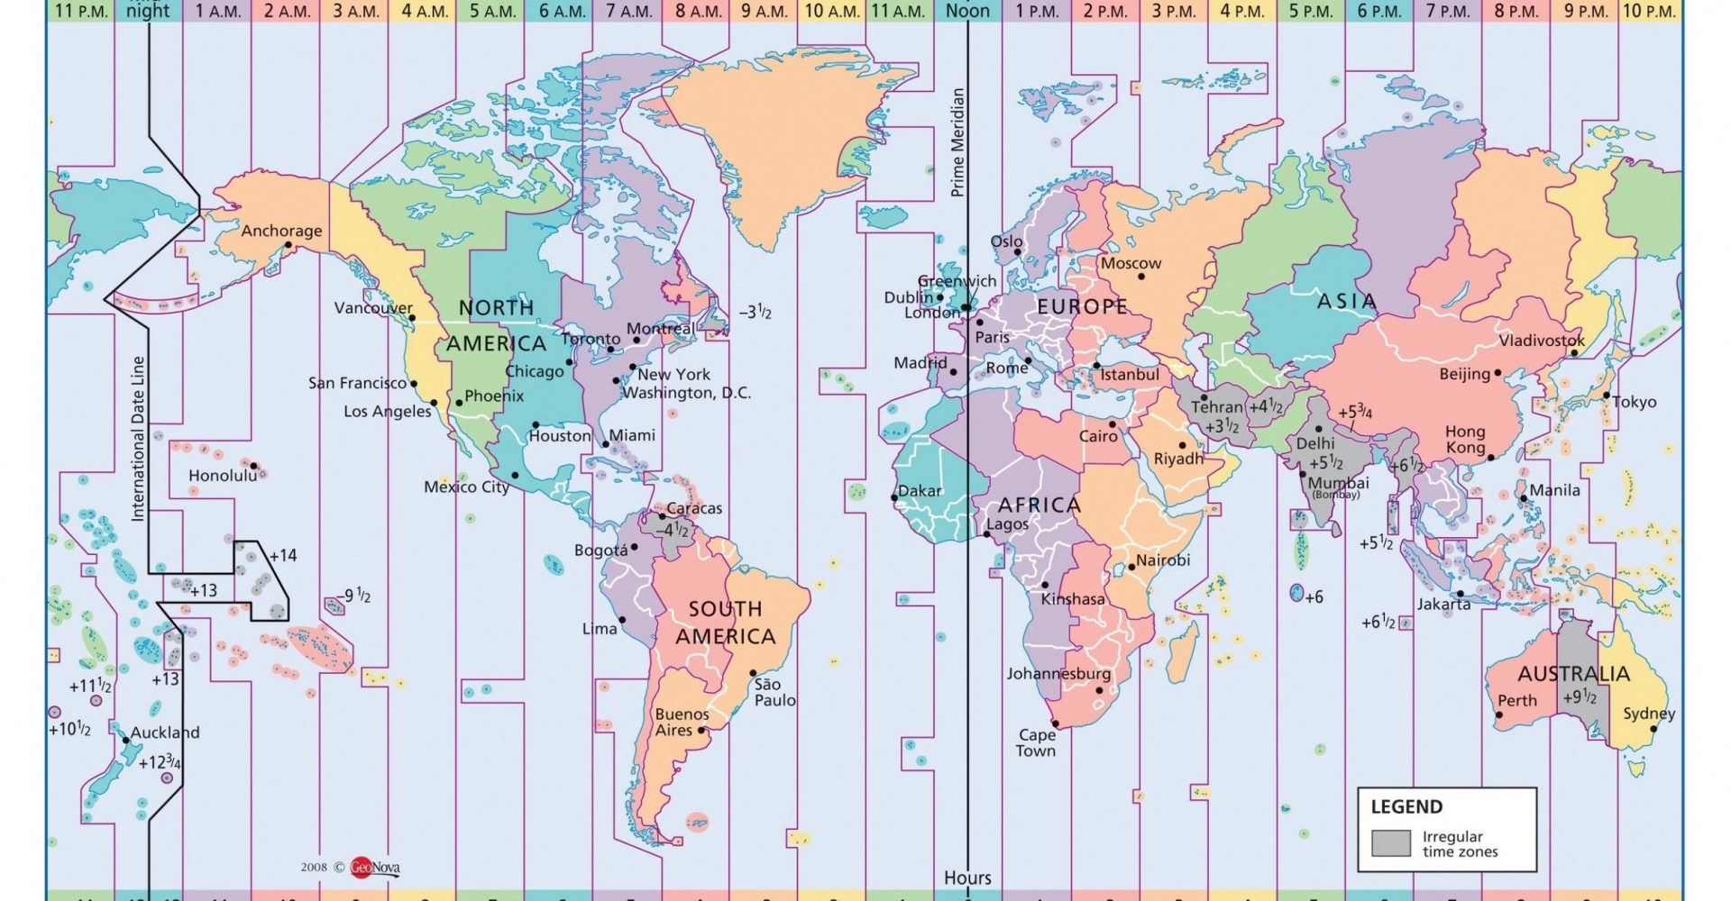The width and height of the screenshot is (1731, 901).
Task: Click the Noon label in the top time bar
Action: coord(967,11)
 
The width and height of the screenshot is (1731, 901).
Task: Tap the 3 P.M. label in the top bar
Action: coord(1174,11)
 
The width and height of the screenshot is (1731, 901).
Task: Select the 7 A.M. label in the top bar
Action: coord(628,11)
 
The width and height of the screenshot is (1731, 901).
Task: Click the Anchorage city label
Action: coord(281,231)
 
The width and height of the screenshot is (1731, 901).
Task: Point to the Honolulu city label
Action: coord(222,476)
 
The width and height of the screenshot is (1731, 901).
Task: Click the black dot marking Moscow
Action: coord(1140,277)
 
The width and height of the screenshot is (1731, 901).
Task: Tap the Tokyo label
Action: coord(1635,402)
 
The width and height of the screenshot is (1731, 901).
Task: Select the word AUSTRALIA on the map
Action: coord(1573,674)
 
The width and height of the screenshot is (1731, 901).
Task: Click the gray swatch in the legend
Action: coord(1390,843)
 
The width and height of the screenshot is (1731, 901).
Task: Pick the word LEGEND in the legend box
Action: coord(1406,806)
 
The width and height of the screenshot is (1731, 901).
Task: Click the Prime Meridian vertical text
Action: coord(957,142)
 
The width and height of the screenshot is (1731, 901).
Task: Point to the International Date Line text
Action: coord(138,439)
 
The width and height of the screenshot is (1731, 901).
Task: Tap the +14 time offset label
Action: coord(282,556)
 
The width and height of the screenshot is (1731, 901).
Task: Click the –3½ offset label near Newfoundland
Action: coord(755,313)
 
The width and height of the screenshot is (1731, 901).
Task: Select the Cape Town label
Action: coord(1036,742)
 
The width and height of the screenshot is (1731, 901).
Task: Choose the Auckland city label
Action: coord(165,733)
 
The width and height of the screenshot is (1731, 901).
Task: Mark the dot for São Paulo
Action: coord(753,673)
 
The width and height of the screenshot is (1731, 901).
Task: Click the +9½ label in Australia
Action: coord(1580,697)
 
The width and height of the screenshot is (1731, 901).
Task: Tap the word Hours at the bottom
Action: coord(967,878)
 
